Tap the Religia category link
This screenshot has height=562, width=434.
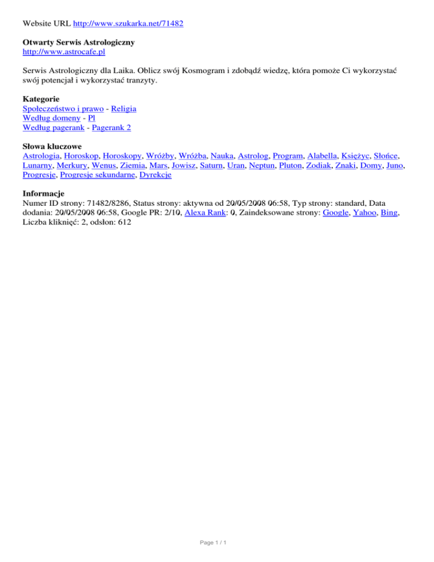123,108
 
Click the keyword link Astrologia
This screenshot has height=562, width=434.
41,155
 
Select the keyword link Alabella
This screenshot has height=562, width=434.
322,155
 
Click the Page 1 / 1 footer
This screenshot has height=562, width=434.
216,542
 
